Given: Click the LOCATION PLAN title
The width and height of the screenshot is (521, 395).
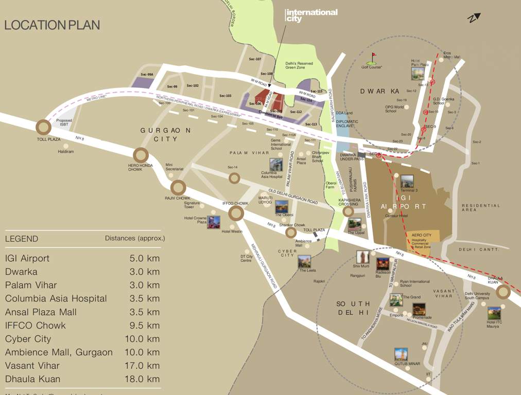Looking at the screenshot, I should [x=52, y=25].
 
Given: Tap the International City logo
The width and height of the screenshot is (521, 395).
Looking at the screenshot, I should [x=311, y=15].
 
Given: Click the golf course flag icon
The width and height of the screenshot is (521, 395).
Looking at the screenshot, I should [x=374, y=57].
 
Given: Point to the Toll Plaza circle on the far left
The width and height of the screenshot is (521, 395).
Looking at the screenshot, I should [x=43, y=127].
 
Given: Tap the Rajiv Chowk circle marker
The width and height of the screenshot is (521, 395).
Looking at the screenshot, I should [x=178, y=188].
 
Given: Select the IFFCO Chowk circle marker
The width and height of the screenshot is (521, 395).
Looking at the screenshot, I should [x=236, y=213].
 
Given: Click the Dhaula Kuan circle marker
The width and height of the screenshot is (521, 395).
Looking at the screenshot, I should [x=503, y=293].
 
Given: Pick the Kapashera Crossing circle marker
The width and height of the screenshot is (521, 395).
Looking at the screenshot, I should [x=349, y=211].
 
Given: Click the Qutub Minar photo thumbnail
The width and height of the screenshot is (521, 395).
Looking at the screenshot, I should [x=401, y=354].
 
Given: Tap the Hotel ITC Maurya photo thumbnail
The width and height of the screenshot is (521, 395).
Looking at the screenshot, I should [x=494, y=313].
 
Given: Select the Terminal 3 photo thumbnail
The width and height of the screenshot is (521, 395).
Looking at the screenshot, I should [x=407, y=181].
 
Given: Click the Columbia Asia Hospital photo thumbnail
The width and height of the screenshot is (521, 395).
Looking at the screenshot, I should [x=276, y=165].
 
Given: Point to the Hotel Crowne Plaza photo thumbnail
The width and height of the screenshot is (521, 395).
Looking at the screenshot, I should [x=214, y=222].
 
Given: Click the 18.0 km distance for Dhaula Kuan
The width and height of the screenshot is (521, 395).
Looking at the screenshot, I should [x=145, y=379].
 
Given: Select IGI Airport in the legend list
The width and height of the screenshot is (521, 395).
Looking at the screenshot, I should [x=27, y=258].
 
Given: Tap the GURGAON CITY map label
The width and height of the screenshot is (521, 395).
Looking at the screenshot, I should [x=166, y=135].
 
